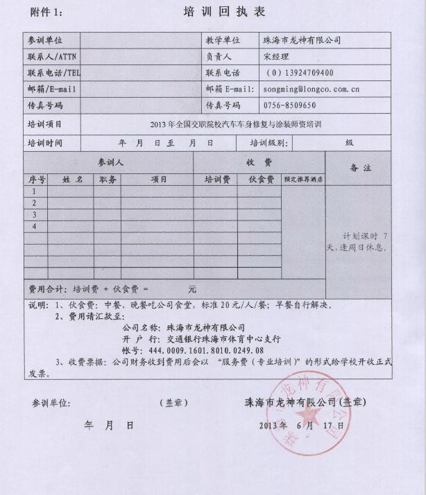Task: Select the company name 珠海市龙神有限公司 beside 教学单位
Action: [x=302, y=41]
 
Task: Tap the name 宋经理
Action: [x=276, y=57]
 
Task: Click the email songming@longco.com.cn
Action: [x=312, y=89]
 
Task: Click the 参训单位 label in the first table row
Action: [x=45, y=41]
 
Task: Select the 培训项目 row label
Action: [x=45, y=124]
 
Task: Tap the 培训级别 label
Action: [x=268, y=143]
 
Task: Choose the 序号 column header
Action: [x=37, y=179]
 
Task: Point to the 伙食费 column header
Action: [x=259, y=179]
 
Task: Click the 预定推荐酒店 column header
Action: [x=304, y=179]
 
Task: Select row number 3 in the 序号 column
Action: [x=35, y=215]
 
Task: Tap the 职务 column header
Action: [x=108, y=179]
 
